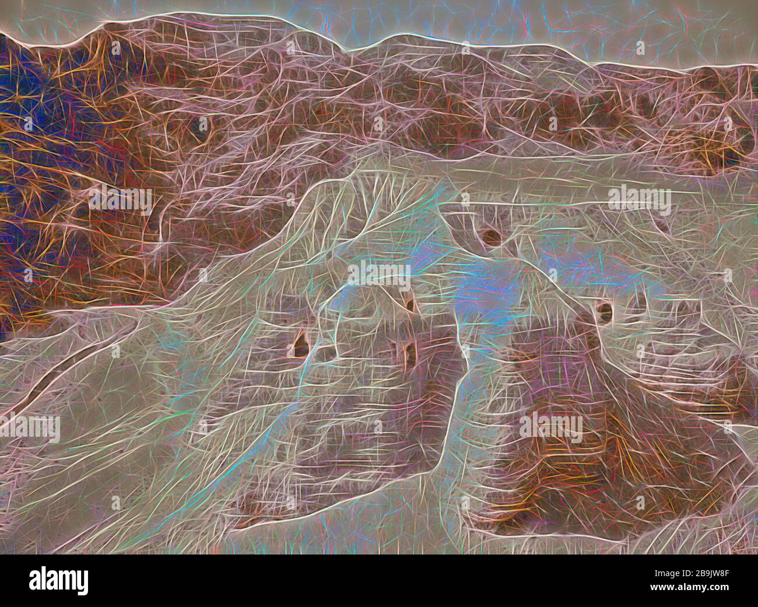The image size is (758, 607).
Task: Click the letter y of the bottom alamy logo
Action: (x=82, y=583)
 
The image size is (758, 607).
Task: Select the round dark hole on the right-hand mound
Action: (x=603, y=310)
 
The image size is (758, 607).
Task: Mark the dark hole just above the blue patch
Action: (x=491, y=236)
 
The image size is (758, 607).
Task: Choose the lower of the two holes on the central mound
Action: (x=410, y=350)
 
